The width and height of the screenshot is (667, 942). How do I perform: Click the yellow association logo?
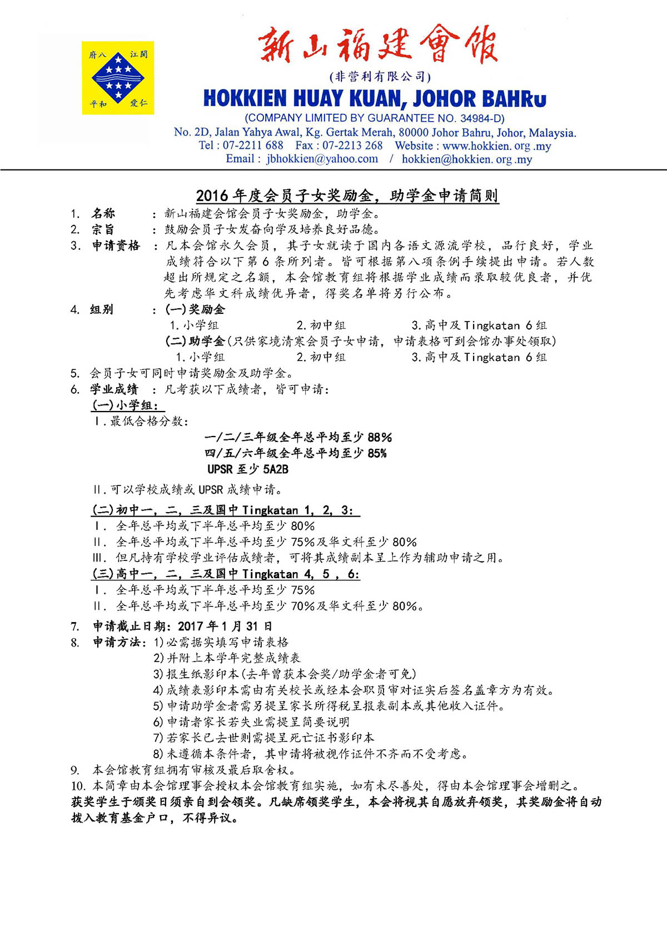[x=118, y=78]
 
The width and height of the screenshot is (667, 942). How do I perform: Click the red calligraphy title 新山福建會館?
[x=377, y=44]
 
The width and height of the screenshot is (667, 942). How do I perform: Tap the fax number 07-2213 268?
[x=352, y=146]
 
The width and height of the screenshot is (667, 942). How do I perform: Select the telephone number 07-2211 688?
[x=253, y=146]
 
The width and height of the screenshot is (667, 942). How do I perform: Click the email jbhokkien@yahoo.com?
[x=322, y=159]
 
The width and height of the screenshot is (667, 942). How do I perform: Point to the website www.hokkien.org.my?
[x=497, y=146]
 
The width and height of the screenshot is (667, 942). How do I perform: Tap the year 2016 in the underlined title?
[x=212, y=196]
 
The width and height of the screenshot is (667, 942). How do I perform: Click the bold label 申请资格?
[x=116, y=245]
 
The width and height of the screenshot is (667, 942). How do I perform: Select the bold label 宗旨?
[x=103, y=229]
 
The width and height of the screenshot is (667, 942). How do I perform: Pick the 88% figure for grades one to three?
[x=380, y=437]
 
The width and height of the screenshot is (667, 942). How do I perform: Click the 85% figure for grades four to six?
[x=377, y=453]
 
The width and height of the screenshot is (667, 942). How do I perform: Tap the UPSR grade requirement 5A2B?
[x=276, y=469]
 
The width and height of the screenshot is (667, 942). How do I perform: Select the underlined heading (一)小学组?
[x=126, y=405]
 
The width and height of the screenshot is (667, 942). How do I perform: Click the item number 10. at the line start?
[x=78, y=786]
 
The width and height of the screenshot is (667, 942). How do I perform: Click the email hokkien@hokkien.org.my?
[x=467, y=159]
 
